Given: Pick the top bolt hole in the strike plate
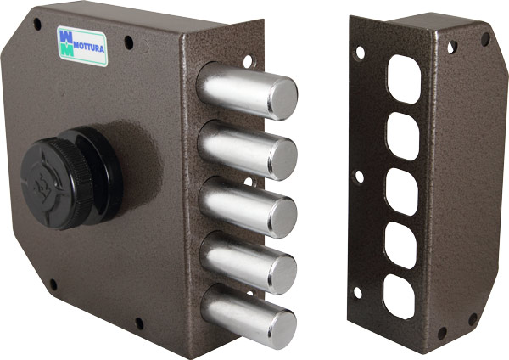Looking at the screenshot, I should point(404,84).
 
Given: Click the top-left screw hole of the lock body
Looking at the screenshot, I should point(36,25).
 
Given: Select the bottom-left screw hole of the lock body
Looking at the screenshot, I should point(52,284).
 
